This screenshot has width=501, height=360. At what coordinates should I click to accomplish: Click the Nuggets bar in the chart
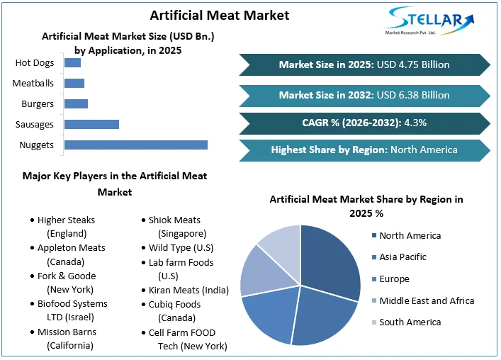135,145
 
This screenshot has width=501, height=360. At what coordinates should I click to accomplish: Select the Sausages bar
91,125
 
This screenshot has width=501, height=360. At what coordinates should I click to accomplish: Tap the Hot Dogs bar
72,63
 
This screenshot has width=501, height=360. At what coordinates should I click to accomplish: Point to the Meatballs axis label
33,84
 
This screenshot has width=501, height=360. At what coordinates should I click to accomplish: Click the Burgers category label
38,104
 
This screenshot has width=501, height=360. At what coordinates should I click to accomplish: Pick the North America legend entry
410,236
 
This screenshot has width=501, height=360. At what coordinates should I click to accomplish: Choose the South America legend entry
410,322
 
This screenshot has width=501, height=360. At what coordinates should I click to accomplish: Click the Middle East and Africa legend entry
426,300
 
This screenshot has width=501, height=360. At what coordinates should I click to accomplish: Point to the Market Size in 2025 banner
364,64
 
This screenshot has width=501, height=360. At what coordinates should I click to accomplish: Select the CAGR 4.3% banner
364,123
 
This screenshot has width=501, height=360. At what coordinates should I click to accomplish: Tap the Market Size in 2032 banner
364,94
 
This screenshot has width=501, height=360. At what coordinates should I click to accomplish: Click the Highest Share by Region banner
364,150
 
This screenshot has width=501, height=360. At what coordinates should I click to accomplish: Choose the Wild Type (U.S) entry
181,248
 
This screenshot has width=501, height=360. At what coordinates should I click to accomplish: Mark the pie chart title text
366,206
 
